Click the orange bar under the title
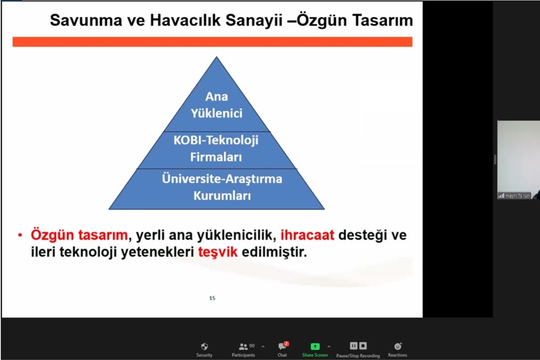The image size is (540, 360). (212, 42)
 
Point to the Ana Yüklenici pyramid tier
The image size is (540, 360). (217, 105)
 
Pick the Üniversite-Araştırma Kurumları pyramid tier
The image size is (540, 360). (217, 188)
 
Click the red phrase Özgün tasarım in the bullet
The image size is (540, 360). (79, 236)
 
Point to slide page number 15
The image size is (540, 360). (212, 297)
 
